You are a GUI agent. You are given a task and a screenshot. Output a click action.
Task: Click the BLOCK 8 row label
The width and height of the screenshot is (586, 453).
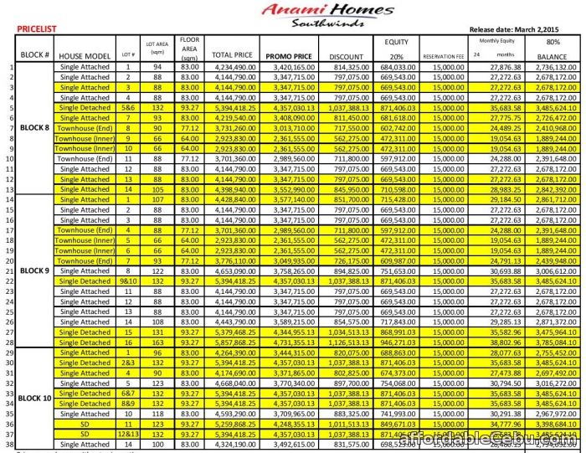[x=34, y=128]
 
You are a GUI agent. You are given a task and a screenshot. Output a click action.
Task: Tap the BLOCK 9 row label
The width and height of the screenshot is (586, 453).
[x=34, y=270]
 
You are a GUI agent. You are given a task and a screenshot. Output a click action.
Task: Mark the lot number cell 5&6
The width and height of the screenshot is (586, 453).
[x=129, y=108]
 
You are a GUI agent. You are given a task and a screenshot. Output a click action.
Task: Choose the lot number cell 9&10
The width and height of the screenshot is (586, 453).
[x=129, y=281]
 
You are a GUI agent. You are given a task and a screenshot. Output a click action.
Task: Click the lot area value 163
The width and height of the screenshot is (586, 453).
[x=156, y=342]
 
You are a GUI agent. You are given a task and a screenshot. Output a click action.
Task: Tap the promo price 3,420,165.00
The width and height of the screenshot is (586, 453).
[x=291, y=67]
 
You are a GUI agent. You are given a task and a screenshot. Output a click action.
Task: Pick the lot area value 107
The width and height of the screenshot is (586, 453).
[x=156, y=200]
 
